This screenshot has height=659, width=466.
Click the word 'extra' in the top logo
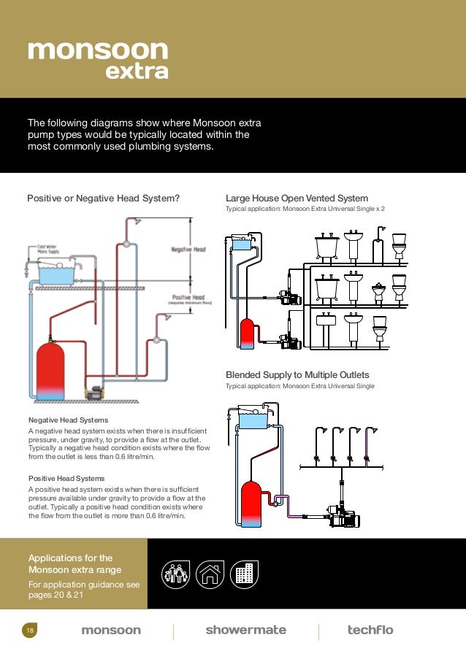(x=137, y=72)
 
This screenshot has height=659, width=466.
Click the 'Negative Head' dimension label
(x=188, y=250)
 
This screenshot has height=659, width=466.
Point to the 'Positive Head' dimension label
(x=188, y=297)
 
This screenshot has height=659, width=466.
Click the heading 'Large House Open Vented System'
(x=297, y=199)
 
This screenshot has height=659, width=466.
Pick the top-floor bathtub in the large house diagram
(x=326, y=249)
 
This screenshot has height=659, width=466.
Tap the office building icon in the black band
(x=243, y=574)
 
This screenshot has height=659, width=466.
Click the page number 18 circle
(x=29, y=630)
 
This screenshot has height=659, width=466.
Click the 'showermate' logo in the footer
(x=245, y=630)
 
